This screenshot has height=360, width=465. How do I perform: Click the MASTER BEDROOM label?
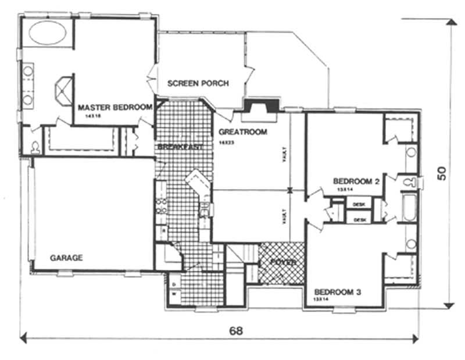pos(115,107)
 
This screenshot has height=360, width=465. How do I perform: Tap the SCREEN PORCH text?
pos(198,83)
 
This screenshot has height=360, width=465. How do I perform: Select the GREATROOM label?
pos(243,132)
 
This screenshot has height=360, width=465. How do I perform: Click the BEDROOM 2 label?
pos(356,181)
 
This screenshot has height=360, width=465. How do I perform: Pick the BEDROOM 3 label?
pos(338,292)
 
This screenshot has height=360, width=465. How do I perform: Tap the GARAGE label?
pos(66,258)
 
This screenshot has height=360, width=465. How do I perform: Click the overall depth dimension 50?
pos(442,173)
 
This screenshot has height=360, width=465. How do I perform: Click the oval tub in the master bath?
pos(47,34)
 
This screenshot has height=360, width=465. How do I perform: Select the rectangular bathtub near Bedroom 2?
pos(409,209)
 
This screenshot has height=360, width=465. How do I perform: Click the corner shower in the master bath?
pos(63,91)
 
